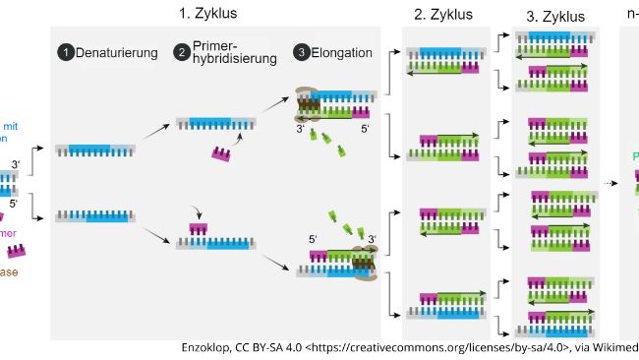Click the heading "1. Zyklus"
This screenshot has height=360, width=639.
(207, 14)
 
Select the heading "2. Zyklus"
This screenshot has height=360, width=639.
(442, 15)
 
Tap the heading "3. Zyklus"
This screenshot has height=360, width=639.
(554, 17)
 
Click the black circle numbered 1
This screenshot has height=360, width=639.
(66, 52)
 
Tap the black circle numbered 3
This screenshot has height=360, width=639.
(300, 52)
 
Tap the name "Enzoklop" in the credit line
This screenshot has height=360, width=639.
(209, 347)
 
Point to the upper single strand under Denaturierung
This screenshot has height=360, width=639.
(95, 150)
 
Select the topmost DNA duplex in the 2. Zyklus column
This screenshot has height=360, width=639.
(442, 60)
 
